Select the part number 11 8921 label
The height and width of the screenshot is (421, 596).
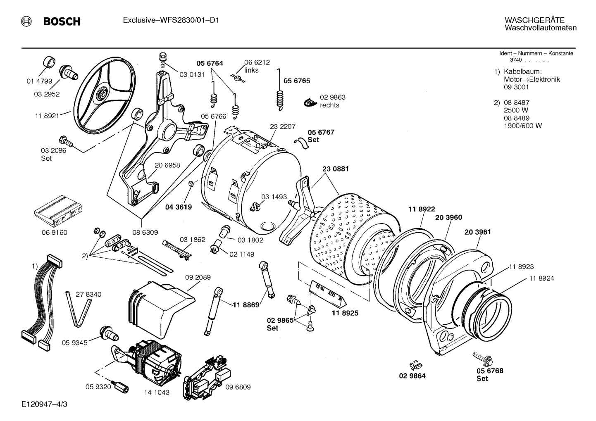(x=47, y=116)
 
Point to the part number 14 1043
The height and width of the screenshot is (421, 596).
(x=156, y=392)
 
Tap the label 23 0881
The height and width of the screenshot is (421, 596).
(x=335, y=169)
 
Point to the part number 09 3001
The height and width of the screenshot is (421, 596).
(x=516, y=87)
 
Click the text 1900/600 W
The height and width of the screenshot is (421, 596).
(x=522, y=126)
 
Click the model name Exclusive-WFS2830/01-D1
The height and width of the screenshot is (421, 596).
(x=171, y=20)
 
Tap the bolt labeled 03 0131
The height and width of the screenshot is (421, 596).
(x=162, y=60)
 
